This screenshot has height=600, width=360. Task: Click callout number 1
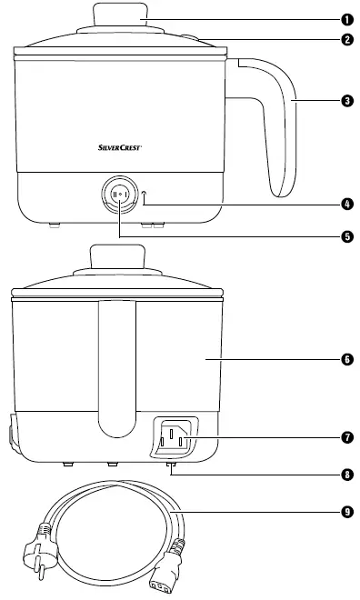coord(346,19)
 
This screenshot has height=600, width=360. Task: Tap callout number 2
coord(346,40)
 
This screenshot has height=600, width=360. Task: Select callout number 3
coord(346,101)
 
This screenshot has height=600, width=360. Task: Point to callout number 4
coord(346,205)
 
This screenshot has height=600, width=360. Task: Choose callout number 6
coord(346,359)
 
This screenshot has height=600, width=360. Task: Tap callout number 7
coord(346,436)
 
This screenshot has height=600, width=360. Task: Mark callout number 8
coord(346,474)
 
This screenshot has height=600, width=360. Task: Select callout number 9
coord(346,512)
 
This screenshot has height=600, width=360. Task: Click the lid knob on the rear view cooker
coord(119,259)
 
